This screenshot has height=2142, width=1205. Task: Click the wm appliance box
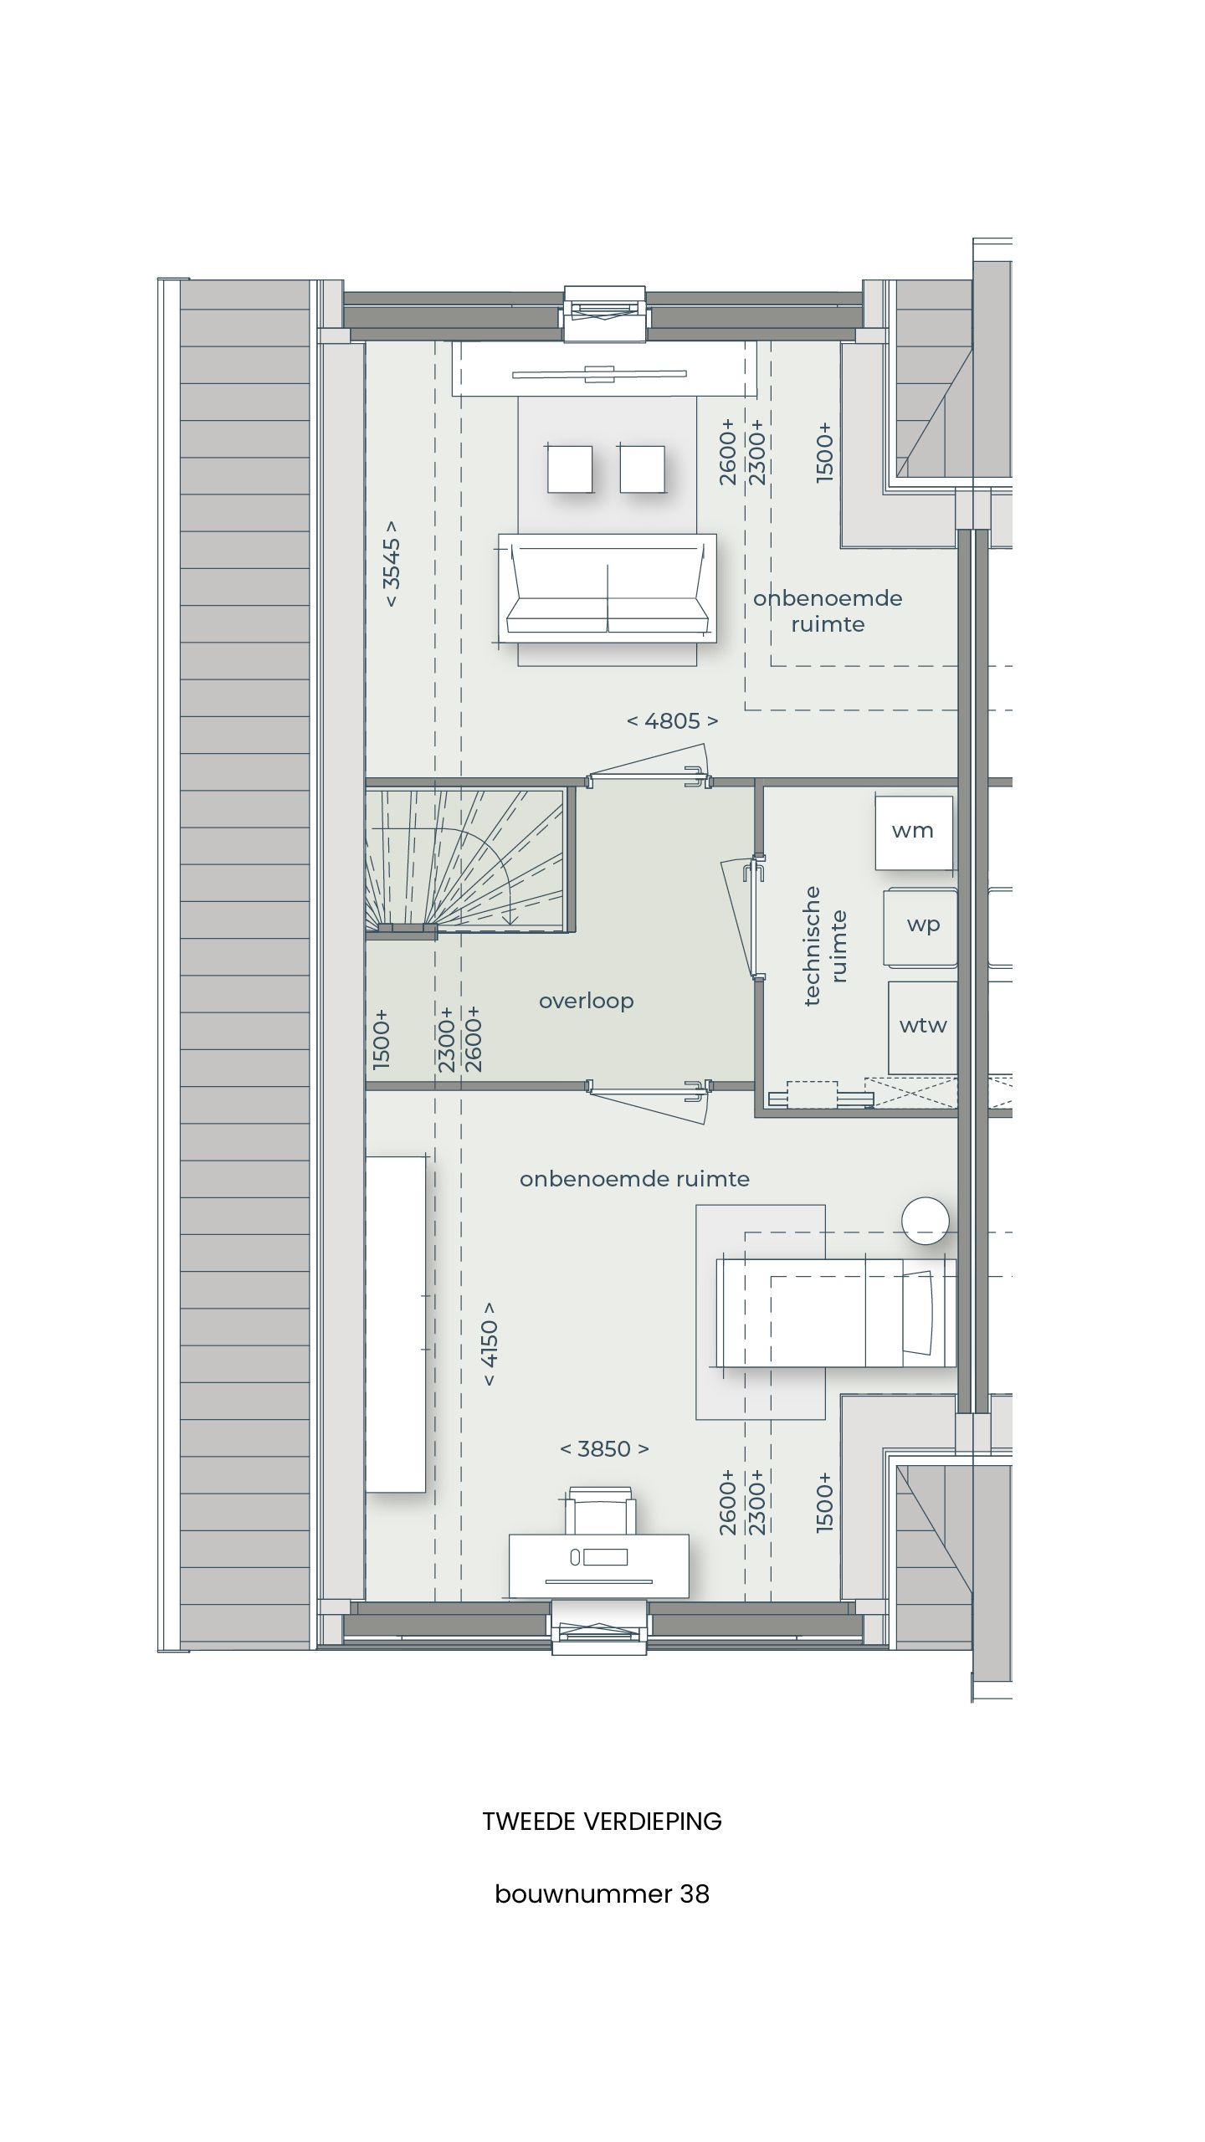pos(913,832)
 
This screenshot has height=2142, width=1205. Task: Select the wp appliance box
pos(921,925)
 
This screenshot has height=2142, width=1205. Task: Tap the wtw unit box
pos(922,1027)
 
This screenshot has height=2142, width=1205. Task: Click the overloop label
pos(586,1001)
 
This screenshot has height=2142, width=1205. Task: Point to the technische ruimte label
pos(825,945)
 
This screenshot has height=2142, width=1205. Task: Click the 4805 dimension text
pos(672,721)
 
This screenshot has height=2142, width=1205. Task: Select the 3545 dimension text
pos(392,565)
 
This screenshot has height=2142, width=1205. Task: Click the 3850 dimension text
pos(604,1449)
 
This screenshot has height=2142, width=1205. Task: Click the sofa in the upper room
pos(608,588)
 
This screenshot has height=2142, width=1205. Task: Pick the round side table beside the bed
pos(925,1221)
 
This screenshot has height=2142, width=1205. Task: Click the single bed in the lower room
pos(835,1313)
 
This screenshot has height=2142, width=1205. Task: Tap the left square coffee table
pos(570,469)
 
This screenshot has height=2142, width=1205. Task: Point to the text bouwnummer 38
pos(602,1893)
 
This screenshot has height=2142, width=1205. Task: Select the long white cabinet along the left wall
pos(395,1324)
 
